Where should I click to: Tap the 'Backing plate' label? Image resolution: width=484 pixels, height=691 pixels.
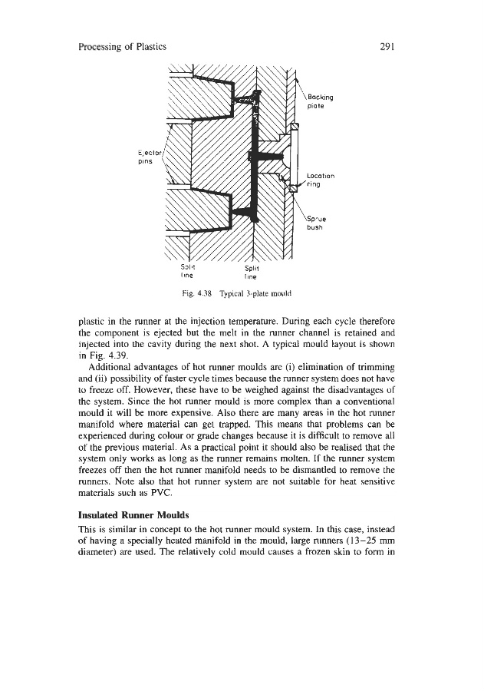pyautogui.click(x=320, y=103)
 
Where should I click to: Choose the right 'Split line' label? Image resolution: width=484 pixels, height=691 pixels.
pyautogui.click(x=252, y=273)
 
